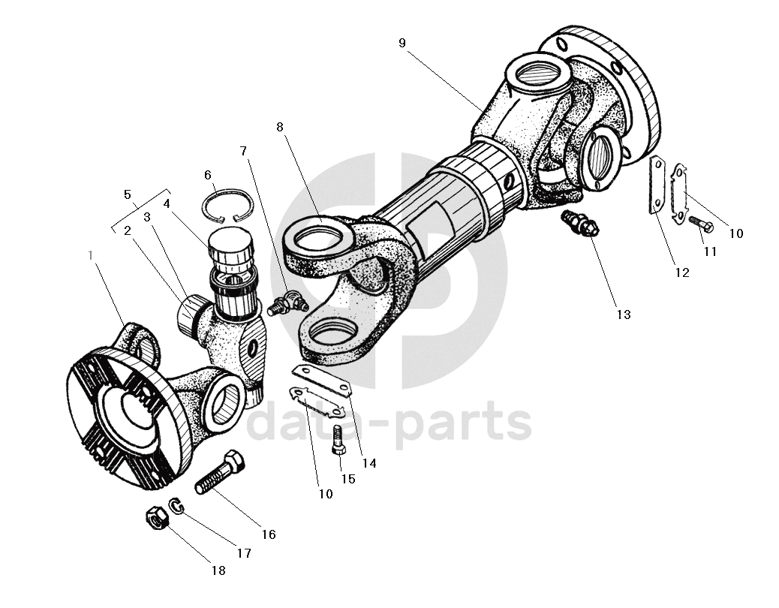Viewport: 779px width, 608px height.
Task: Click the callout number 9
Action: [x=402, y=43]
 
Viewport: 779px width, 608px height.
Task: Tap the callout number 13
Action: [x=624, y=315]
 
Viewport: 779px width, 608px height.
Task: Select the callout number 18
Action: [x=218, y=570]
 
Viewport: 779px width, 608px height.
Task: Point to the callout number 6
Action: [x=208, y=175]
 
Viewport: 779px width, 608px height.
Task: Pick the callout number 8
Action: [x=280, y=127]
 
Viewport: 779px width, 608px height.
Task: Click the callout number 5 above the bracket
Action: [x=128, y=194]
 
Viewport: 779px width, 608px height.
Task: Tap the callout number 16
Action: [x=269, y=534]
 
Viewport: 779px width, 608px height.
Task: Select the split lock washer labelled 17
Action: [x=177, y=507]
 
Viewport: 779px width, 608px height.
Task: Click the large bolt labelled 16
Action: [x=219, y=472]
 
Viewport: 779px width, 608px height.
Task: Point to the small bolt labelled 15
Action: [x=338, y=439]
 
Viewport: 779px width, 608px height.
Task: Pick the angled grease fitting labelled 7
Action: [x=287, y=304]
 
